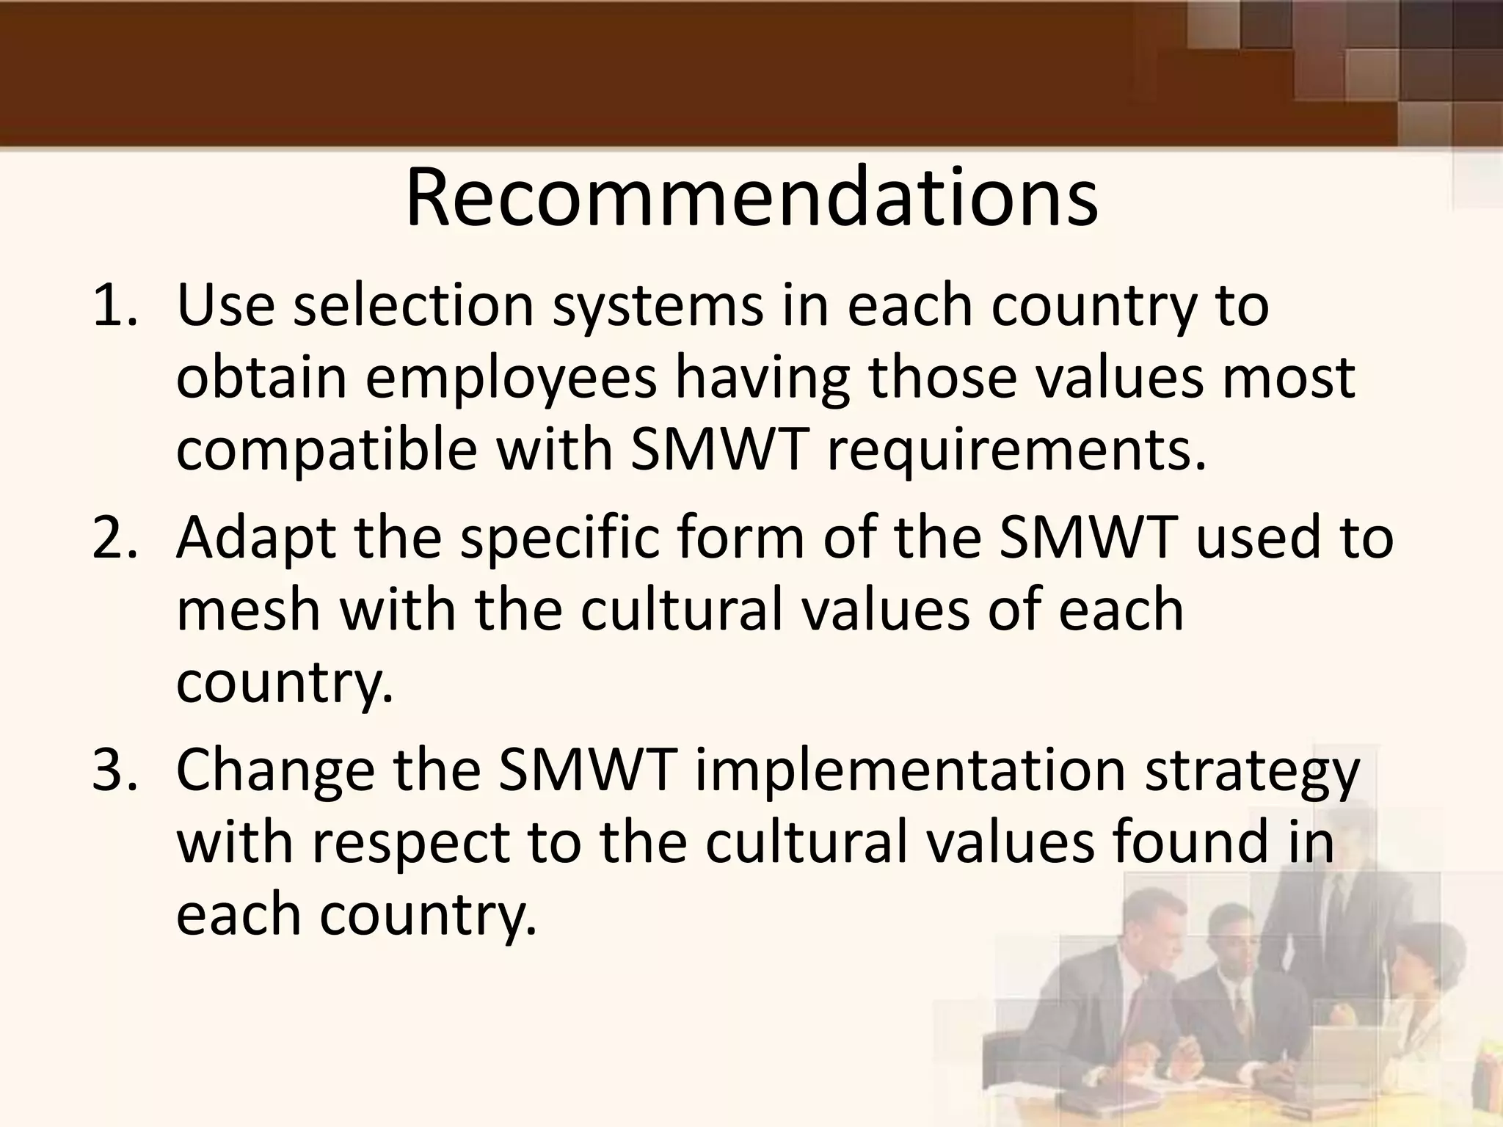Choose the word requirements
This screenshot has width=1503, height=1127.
(x=1016, y=451)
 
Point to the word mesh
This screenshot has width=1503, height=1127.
(x=248, y=610)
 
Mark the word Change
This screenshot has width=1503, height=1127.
(x=275, y=772)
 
